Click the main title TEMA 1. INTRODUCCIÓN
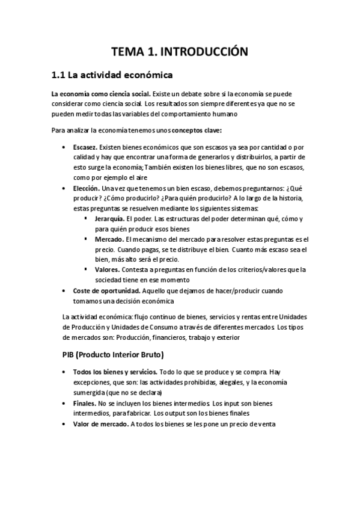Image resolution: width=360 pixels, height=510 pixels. click(x=180, y=52)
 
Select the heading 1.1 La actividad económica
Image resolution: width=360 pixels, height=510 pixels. click(x=112, y=76)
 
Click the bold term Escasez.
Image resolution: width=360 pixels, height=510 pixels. click(x=85, y=147)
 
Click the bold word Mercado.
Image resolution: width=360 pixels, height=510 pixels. click(x=108, y=239)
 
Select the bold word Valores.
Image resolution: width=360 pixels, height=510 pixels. click(x=107, y=269)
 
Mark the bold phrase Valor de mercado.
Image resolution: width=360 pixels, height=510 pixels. click(x=100, y=423)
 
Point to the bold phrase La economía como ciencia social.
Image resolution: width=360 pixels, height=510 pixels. click(x=100, y=94)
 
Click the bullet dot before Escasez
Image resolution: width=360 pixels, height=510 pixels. click(x=65, y=147)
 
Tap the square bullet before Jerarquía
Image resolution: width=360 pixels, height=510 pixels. click(x=87, y=219)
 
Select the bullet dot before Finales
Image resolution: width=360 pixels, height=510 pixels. click(x=65, y=403)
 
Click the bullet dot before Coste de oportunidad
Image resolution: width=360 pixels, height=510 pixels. click(x=65, y=291)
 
